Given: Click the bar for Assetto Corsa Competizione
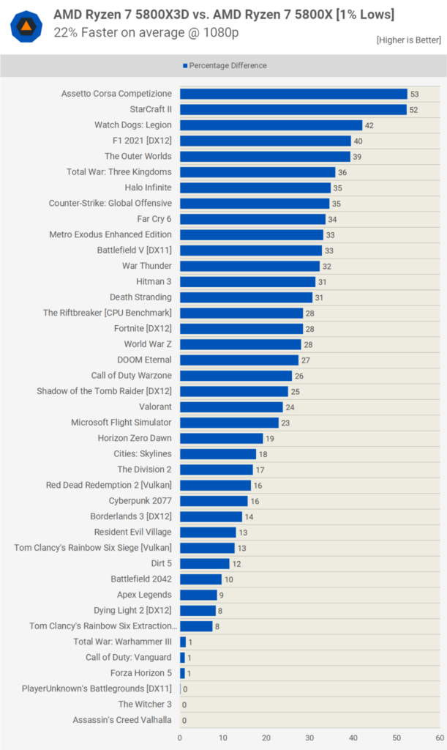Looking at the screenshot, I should coord(293,94).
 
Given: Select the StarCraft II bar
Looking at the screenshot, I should coord(293,109).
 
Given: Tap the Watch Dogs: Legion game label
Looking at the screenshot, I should coord(133,125).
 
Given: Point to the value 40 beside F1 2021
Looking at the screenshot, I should coord(358,141).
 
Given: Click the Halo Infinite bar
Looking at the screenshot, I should coord(255,187).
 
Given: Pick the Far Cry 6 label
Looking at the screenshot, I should coord(154,219).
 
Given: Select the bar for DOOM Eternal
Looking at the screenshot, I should coord(238,360).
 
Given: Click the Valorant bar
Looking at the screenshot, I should coord(231,406).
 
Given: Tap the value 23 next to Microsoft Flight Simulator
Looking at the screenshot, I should coord(285,423).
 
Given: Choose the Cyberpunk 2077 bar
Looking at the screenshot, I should coord(214,501).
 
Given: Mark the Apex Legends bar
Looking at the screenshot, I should coord(198,595).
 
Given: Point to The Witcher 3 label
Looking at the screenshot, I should coord(145,705).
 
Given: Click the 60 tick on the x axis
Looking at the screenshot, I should coord(439,738).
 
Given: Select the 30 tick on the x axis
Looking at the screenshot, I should coord(309,738).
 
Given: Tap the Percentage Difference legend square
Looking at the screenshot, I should coord(185,66).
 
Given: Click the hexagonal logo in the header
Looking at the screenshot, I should coord(26,26).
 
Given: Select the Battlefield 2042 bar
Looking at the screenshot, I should coord(201,579).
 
